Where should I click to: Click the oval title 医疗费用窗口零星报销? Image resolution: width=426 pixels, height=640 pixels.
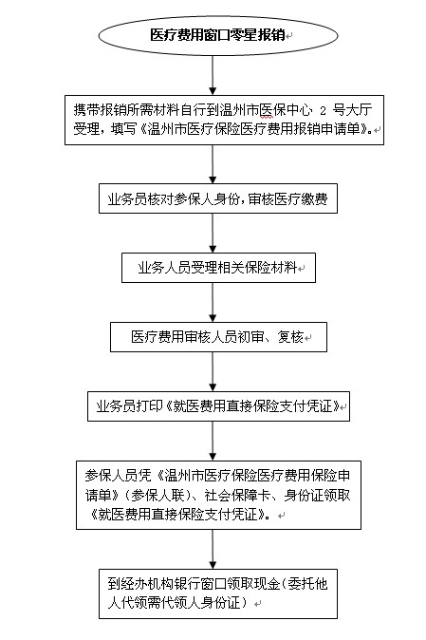218,35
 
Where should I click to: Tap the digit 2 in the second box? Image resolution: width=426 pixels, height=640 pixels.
324,110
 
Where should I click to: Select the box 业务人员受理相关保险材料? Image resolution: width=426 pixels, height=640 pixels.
218,268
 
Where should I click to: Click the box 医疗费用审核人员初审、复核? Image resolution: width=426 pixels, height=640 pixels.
218,337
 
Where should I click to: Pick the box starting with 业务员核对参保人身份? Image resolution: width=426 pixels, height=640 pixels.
218,198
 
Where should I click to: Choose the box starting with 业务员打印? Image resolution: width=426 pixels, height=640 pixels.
218,406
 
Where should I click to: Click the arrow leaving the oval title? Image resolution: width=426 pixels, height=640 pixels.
213,76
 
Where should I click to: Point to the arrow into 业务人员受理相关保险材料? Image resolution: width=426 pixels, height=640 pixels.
213,233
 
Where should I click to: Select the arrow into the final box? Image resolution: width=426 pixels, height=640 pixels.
213,550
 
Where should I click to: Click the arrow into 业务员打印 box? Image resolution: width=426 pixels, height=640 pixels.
213,372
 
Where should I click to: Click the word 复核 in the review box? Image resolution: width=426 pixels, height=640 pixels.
290,337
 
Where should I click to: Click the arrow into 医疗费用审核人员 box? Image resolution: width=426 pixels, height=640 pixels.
213,303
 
